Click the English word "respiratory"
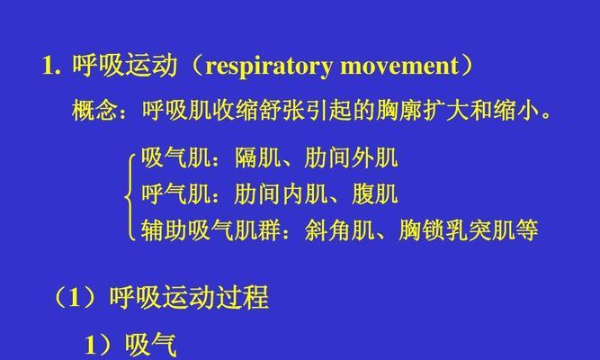(x=269, y=67)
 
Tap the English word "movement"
(x=399, y=66)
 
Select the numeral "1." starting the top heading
(x=51, y=66)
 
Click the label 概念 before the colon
(x=95, y=111)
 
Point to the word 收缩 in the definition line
(x=236, y=111)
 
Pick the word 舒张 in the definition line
(x=282, y=111)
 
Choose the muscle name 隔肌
(x=257, y=157)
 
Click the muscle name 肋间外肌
(x=351, y=157)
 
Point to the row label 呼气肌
(x=176, y=193)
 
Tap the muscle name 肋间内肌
(x=281, y=193)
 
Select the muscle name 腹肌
(x=374, y=193)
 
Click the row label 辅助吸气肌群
(x=211, y=229)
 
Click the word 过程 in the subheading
(x=242, y=298)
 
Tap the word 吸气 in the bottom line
(x=151, y=345)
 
